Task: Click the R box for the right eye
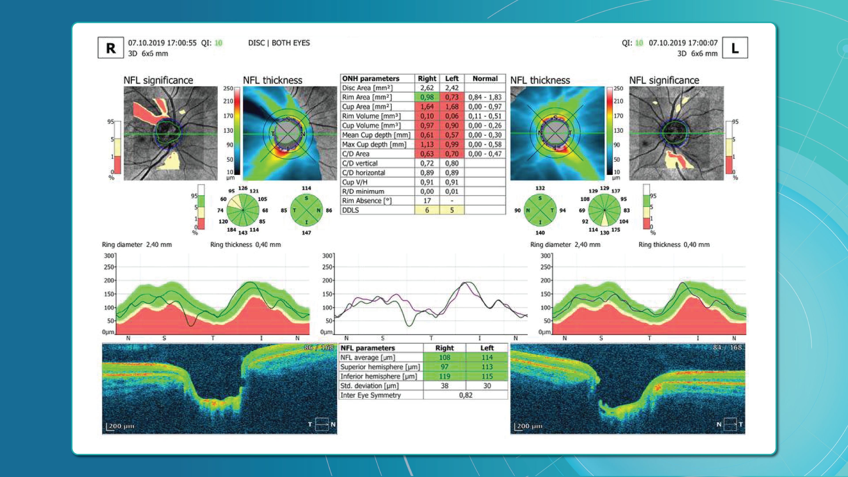[111, 48]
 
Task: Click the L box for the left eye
[735, 48]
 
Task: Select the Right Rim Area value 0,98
[427, 97]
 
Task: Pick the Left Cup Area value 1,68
[452, 107]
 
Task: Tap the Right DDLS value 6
[427, 210]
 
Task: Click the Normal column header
[485, 78]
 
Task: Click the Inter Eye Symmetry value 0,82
[466, 395]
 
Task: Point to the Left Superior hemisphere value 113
[487, 367]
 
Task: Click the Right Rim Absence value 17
[427, 201]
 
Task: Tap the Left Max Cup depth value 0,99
[452, 144]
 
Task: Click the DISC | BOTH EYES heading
[279, 43]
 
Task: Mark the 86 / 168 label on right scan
[318, 347]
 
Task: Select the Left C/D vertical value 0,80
[452, 163]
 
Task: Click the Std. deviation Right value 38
[444, 386]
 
